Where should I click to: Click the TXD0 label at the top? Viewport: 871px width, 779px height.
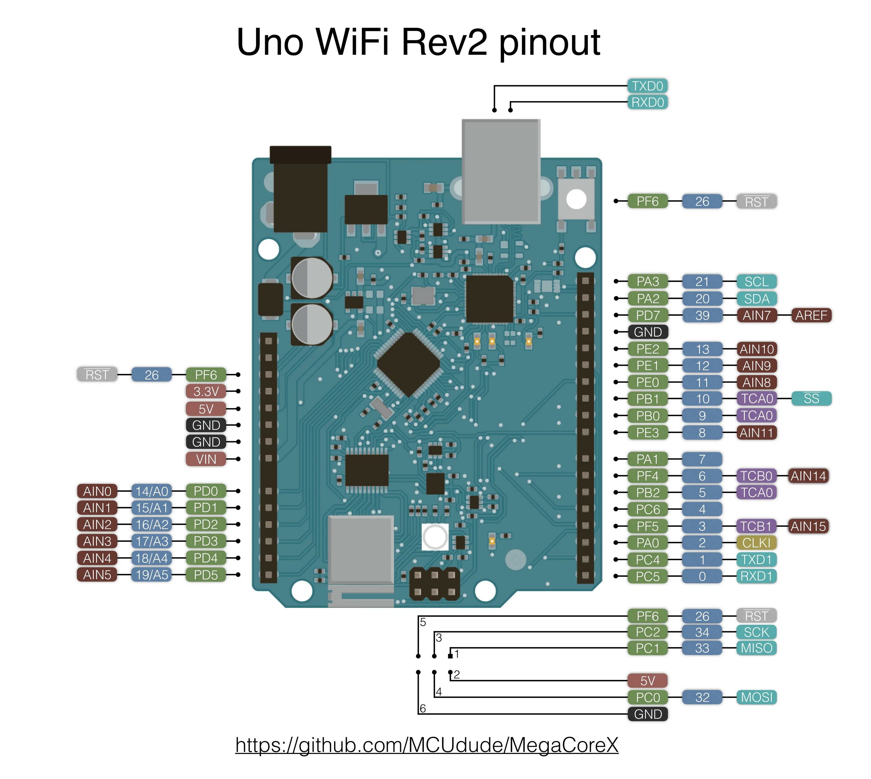[x=647, y=86]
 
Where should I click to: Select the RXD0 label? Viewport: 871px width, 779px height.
[x=647, y=102]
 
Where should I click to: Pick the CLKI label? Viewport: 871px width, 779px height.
[x=756, y=543]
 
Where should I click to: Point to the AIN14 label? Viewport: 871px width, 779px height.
[x=808, y=476]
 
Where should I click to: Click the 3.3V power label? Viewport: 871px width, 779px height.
[x=206, y=391]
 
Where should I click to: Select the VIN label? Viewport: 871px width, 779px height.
[x=206, y=459]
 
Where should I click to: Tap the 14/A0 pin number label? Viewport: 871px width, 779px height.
[x=152, y=491]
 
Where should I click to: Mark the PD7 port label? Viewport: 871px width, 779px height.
[x=647, y=315]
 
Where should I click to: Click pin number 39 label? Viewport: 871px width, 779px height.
[x=702, y=315]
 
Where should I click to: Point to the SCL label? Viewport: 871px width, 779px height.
[x=756, y=282]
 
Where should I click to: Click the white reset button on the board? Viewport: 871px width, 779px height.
[x=576, y=199]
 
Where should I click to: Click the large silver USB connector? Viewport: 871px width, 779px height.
[x=501, y=171]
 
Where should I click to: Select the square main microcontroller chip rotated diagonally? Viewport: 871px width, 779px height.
[x=408, y=365]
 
